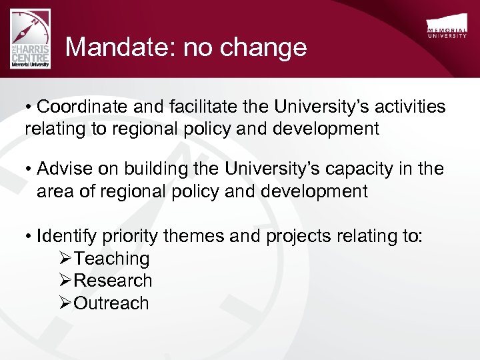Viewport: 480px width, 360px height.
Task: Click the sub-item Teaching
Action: [x=111, y=259]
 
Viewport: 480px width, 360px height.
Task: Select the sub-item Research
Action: [x=113, y=281]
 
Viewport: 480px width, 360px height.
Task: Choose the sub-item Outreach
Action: [x=111, y=303]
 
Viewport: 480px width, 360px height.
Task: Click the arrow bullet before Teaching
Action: [x=65, y=259]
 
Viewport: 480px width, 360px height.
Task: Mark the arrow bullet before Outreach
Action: [x=65, y=303]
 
